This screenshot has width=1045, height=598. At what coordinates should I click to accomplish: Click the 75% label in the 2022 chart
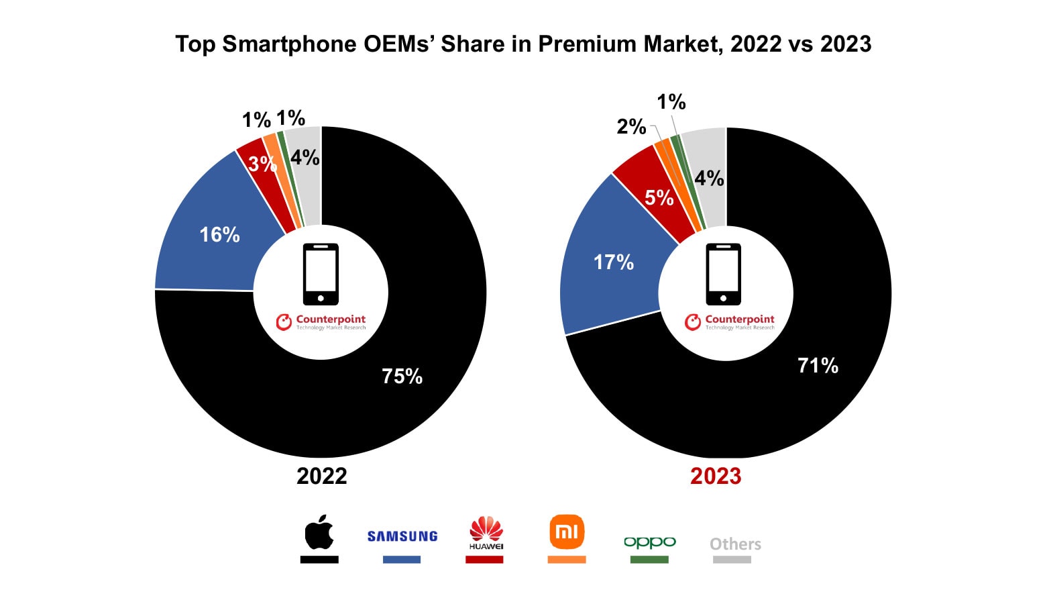(402, 376)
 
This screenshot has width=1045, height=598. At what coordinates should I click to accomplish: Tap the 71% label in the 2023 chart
(818, 365)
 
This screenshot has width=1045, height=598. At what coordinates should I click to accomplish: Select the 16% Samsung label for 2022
(219, 234)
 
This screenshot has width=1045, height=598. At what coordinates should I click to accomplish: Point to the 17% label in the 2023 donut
(613, 262)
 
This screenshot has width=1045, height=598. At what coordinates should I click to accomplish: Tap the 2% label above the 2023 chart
(631, 126)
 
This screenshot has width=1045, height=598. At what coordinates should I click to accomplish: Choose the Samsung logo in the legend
(402, 536)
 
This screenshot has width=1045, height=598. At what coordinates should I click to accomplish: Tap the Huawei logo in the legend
(486, 533)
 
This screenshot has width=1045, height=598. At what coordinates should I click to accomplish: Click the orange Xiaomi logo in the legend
(567, 532)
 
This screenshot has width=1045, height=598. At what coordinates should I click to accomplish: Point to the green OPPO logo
(649, 542)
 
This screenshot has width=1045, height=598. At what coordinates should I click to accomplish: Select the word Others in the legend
(735, 544)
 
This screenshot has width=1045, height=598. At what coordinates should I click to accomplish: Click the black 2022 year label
(321, 476)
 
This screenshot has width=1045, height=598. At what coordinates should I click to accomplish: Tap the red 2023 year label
(716, 476)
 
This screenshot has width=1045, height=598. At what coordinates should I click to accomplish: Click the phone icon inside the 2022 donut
(321, 275)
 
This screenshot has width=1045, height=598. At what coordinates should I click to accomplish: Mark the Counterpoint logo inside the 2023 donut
(730, 322)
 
